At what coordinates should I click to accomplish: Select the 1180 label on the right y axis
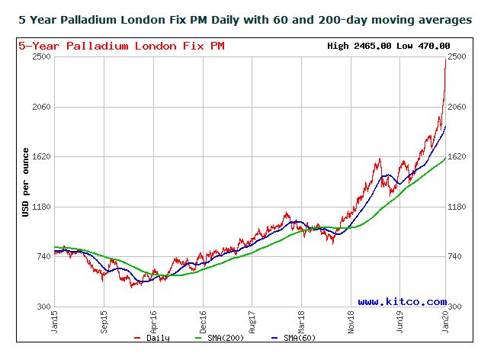click(x=460, y=207)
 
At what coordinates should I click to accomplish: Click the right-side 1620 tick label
click(x=460, y=157)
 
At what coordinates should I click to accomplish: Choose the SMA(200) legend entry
click(x=226, y=338)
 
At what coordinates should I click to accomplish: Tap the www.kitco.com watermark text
click(x=402, y=302)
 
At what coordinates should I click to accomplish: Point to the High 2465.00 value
click(x=360, y=46)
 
